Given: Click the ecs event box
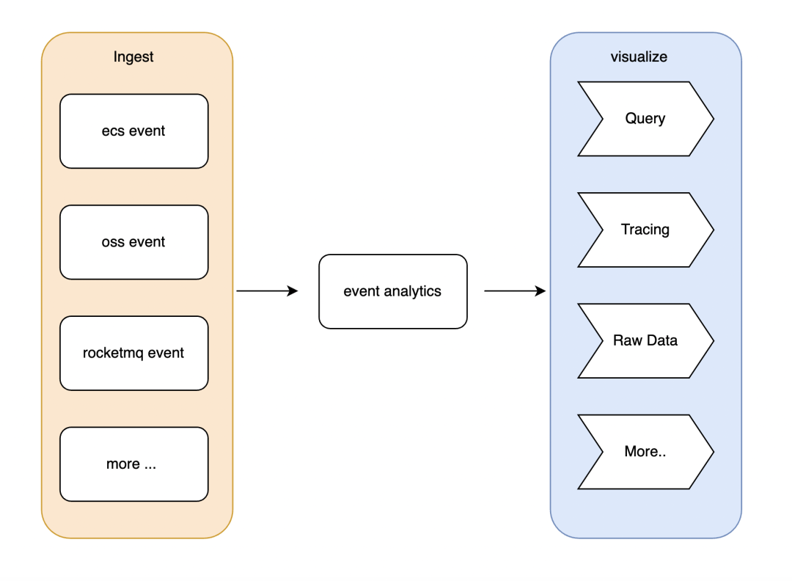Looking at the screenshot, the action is (x=134, y=131).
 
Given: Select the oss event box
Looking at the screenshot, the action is (x=134, y=242).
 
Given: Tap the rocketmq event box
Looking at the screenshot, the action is (x=134, y=353).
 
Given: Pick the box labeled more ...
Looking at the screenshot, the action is (x=134, y=464).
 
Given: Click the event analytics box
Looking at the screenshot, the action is (x=393, y=291).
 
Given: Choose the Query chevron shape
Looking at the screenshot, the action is (x=645, y=119).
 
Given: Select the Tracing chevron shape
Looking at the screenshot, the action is (x=645, y=230).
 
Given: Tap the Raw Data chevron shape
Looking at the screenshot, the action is (x=645, y=341).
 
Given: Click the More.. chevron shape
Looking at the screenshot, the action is (x=645, y=452).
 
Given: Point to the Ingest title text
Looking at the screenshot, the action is (x=133, y=57).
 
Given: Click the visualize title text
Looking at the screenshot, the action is (x=639, y=56).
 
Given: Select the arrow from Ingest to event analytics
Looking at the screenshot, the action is (x=267, y=291).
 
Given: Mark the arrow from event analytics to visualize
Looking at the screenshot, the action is (x=516, y=291).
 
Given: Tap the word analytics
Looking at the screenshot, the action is (x=413, y=291).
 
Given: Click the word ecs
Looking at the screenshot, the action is (x=113, y=131).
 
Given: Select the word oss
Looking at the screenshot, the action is (x=113, y=243).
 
